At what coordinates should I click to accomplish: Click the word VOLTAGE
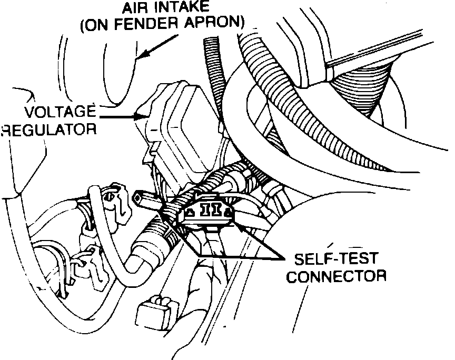[62, 112]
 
